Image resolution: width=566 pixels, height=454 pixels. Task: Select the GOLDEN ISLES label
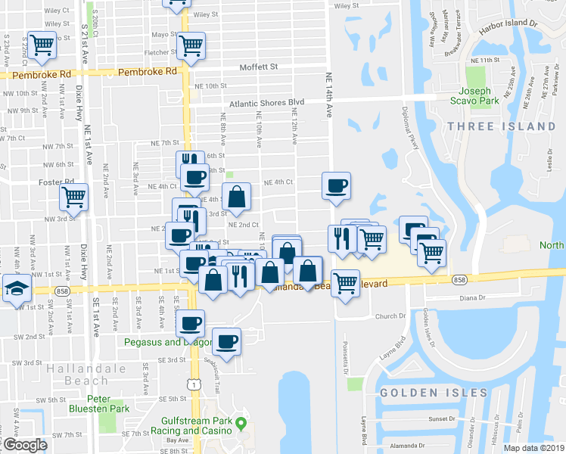[x=434, y=393]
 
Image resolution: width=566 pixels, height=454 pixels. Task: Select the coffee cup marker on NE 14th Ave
[x=336, y=185]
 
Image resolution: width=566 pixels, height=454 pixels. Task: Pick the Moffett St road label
[x=259, y=67]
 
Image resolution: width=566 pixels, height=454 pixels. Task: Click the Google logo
[x=25, y=445]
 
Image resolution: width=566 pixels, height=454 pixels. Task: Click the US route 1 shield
[x=196, y=385]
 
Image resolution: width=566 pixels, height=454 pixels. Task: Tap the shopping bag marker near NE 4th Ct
[x=237, y=197]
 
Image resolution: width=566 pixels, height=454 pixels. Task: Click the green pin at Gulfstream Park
[x=241, y=422]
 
